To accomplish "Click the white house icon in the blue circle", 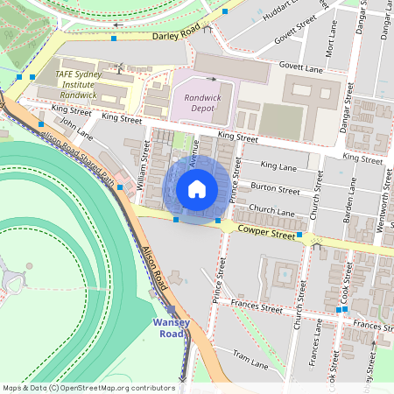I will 197,188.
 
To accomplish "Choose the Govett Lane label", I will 302,67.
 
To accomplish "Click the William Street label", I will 142,167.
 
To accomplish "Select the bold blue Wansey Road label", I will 169,327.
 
